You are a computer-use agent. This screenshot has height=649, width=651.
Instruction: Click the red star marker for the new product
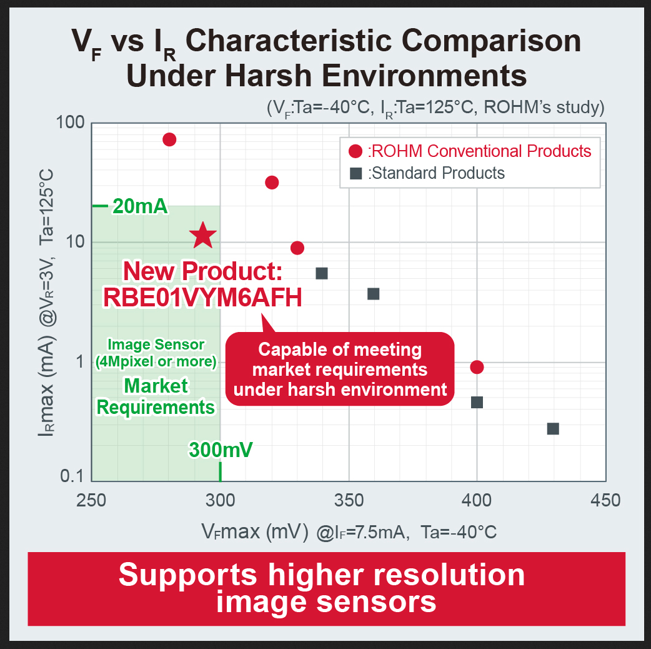tap(203, 235)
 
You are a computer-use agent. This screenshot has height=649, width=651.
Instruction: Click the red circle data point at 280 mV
tap(169, 139)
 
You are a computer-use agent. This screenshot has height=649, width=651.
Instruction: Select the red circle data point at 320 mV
tap(272, 183)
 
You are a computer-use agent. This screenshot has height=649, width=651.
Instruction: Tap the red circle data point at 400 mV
tap(477, 367)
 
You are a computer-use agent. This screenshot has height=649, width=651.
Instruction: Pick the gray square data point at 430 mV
tap(553, 429)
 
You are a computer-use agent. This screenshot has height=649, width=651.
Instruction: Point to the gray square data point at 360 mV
tap(374, 293)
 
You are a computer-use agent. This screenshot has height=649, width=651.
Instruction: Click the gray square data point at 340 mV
tap(322, 273)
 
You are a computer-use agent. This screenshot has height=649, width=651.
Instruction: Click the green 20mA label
tap(141, 206)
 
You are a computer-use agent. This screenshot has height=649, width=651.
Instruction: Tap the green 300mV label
tap(221, 450)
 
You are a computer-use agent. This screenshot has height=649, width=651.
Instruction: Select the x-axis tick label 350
tap(348, 500)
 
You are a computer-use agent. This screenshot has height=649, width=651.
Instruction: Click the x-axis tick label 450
tap(605, 500)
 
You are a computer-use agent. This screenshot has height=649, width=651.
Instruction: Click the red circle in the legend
tap(356, 151)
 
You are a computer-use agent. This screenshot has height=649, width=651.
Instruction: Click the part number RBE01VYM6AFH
tap(203, 297)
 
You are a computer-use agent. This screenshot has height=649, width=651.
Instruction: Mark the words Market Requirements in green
tap(156, 396)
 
